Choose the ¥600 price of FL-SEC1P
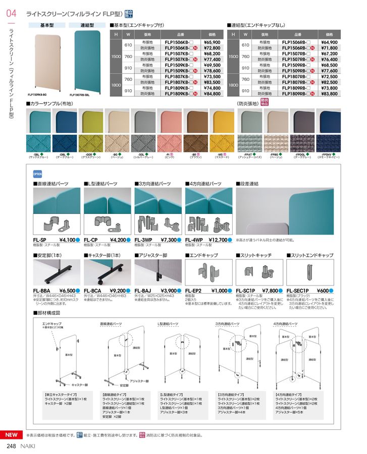tap(323, 291)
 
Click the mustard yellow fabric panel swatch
tap(222, 122)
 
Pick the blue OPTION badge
tap(37, 173)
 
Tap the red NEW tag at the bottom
tap(11, 435)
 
